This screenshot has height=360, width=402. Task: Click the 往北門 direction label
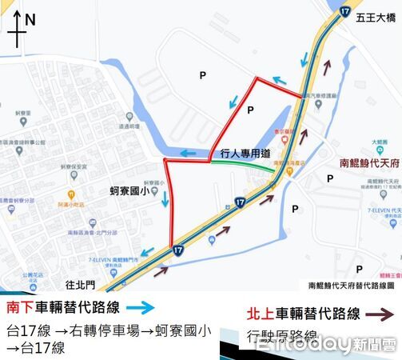pyautogui.click(x=83, y=284)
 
